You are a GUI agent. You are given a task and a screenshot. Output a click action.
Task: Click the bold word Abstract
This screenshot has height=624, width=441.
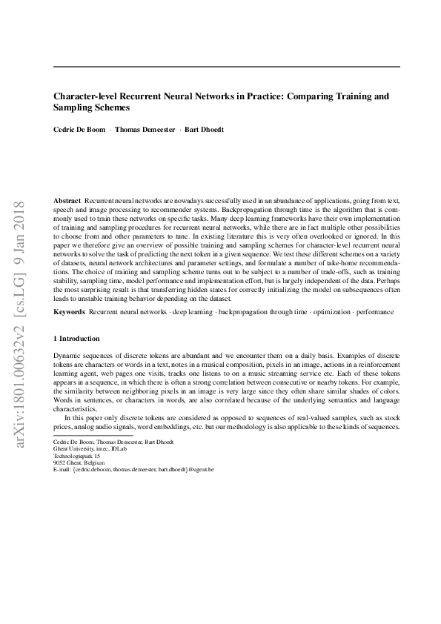(x=67, y=202)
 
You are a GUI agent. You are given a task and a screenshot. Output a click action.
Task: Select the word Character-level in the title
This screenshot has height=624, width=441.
(x=84, y=96)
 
